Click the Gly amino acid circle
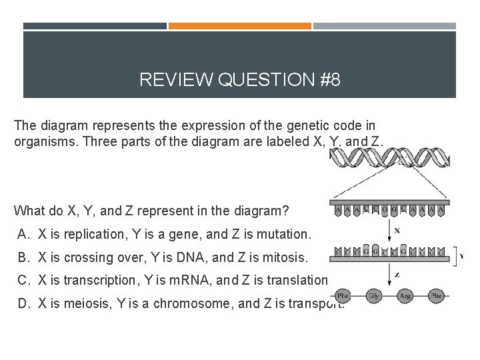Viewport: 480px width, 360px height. click(374, 295)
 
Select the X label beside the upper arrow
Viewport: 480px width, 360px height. click(397, 231)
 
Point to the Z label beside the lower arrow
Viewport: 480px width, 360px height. click(397, 274)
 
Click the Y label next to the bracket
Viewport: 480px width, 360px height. click(461, 256)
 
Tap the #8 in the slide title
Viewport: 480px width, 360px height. click(329, 81)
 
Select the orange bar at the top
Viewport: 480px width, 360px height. click(240, 26)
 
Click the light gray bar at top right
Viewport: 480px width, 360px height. click(385, 26)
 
